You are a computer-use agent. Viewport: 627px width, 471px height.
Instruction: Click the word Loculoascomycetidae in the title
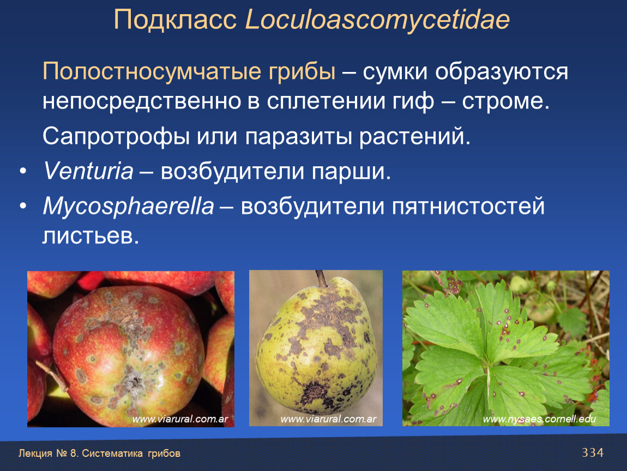pyautogui.click(x=377, y=20)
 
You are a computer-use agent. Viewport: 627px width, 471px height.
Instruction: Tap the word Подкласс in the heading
pyautogui.click(x=175, y=20)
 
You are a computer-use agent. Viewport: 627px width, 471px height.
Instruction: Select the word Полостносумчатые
pyautogui.click(x=153, y=72)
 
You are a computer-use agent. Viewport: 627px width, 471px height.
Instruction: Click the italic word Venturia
pyautogui.click(x=88, y=171)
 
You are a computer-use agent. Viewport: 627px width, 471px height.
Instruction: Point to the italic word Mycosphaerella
pyautogui.click(x=128, y=207)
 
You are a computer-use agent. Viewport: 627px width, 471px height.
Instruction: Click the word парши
pyautogui.click(x=351, y=172)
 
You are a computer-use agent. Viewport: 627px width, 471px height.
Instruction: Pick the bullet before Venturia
pyautogui.click(x=23, y=171)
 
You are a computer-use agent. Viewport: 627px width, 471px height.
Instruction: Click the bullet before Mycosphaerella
pyautogui.click(x=23, y=206)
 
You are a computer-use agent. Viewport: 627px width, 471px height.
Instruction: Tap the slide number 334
pyautogui.click(x=593, y=452)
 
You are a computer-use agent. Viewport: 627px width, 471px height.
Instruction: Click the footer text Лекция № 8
pyautogui.click(x=49, y=454)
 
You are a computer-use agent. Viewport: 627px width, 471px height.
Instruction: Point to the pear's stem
pyautogui.click(x=321, y=279)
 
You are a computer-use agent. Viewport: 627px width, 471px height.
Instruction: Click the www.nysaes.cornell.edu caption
pyautogui.click(x=539, y=419)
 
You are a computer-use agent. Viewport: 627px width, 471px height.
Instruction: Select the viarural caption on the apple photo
pyautogui.click(x=180, y=419)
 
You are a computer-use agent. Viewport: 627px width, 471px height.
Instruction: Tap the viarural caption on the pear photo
pyautogui.click(x=328, y=419)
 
